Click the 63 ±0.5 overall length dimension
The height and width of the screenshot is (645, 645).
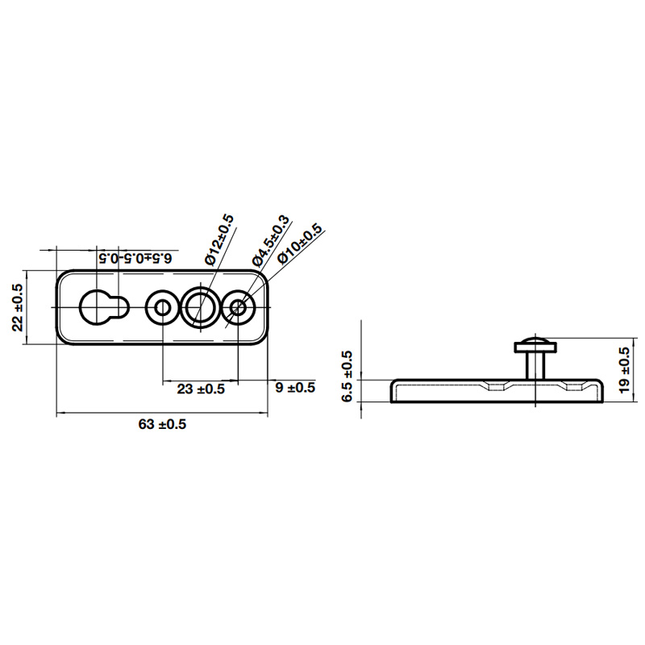tap(162, 424)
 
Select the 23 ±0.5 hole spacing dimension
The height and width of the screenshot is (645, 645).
tap(201, 389)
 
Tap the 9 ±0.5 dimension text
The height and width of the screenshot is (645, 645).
tap(295, 388)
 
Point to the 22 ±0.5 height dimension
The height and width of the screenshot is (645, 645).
tap(18, 307)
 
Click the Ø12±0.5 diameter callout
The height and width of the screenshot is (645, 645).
tap(219, 240)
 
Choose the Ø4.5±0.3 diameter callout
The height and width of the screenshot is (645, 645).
tap(271, 240)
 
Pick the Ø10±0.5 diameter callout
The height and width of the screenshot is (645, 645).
tap(299, 244)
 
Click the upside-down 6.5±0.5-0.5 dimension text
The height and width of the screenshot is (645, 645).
tap(135, 258)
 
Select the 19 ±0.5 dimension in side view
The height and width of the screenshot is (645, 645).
tap(623, 370)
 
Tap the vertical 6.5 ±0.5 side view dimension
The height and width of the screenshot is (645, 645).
tap(347, 376)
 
